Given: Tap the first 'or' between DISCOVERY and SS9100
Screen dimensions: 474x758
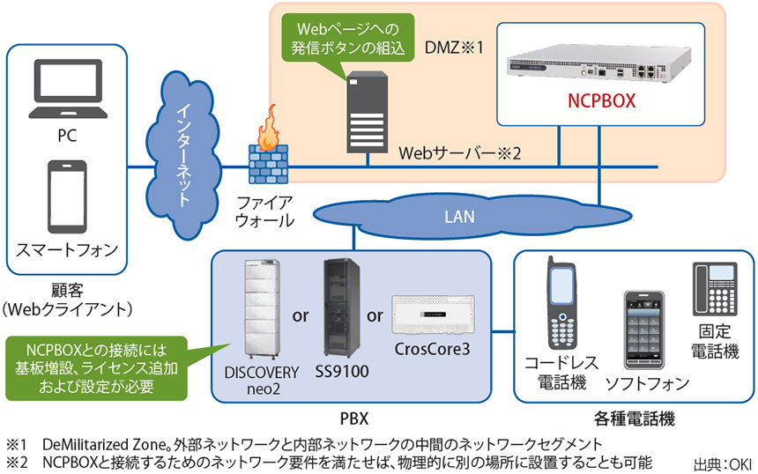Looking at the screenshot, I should coord(300,315).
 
